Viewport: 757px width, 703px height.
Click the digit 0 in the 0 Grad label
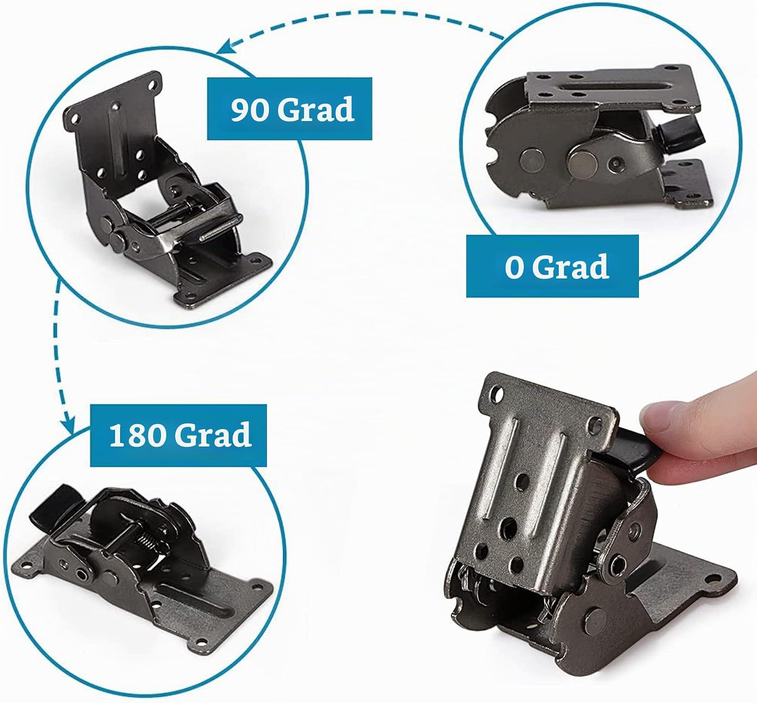[x=515, y=267]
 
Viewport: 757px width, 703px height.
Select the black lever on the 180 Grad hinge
[x=53, y=503]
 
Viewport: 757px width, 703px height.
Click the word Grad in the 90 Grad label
[x=316, y=110]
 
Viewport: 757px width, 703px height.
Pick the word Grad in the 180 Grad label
[x=213, y=436]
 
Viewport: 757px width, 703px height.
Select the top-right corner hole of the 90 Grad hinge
[x=153, y=84]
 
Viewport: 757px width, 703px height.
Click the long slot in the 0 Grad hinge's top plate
[x=606, y=89]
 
